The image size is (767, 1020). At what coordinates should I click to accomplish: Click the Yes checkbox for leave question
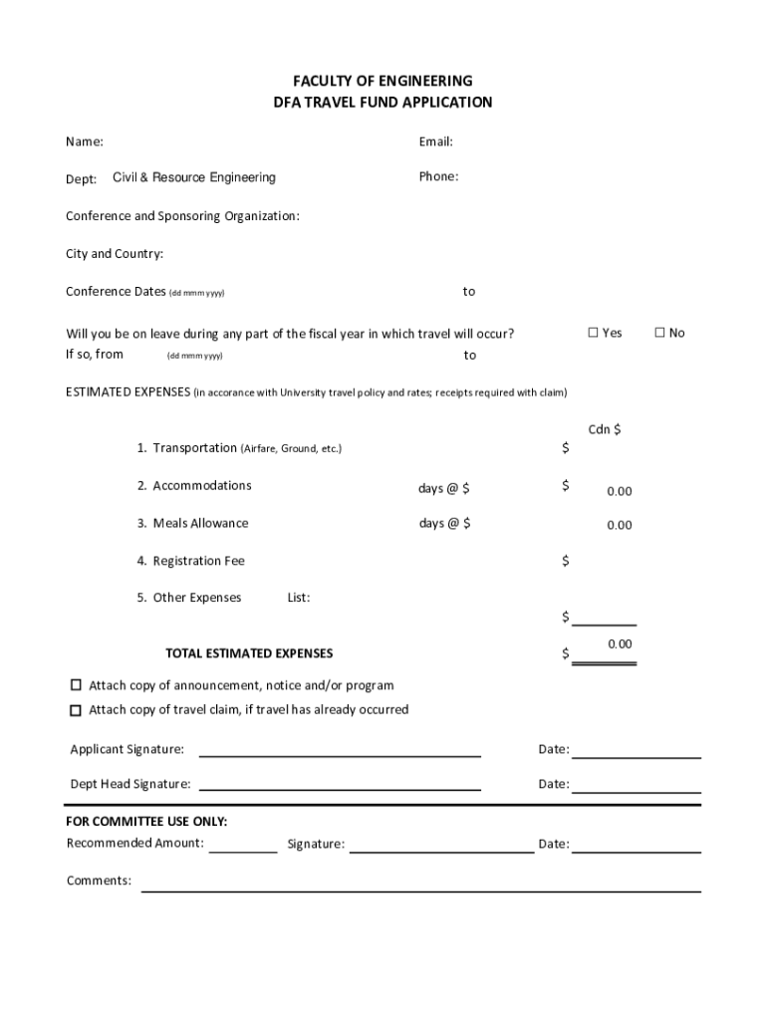coord(593,333)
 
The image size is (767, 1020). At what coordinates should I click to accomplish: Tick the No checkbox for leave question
coord(658,333)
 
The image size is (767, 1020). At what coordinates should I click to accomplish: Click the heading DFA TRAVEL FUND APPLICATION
coord(383,103)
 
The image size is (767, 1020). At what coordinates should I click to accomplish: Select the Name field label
coord(85,142)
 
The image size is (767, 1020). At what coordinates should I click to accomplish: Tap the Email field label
coord(436,142)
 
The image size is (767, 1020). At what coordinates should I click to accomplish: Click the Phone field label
coord(438,177)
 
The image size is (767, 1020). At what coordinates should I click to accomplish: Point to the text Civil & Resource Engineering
coord(194,177)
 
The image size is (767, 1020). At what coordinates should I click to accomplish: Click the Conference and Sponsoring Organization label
coord(182,216)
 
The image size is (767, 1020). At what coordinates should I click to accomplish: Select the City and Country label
coord(115,254)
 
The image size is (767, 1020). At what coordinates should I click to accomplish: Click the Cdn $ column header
coord(605,429)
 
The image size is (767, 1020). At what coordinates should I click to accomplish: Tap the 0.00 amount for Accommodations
coord(620,491)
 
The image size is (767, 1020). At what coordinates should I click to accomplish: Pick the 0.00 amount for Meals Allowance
coord(620,525)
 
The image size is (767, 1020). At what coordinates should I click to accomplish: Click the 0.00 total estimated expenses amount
coord(620,644)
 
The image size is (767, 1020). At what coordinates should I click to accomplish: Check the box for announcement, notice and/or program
coord(76,685)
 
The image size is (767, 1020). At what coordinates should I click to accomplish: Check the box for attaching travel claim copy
coord(76,710)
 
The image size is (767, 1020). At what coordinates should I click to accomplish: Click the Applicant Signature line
coord(340,754)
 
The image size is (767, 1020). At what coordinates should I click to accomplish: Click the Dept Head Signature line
coord(340,788)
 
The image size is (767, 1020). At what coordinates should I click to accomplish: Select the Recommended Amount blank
coord(243,850)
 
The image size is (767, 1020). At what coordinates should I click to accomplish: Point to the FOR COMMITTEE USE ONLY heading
coord(146,822)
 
